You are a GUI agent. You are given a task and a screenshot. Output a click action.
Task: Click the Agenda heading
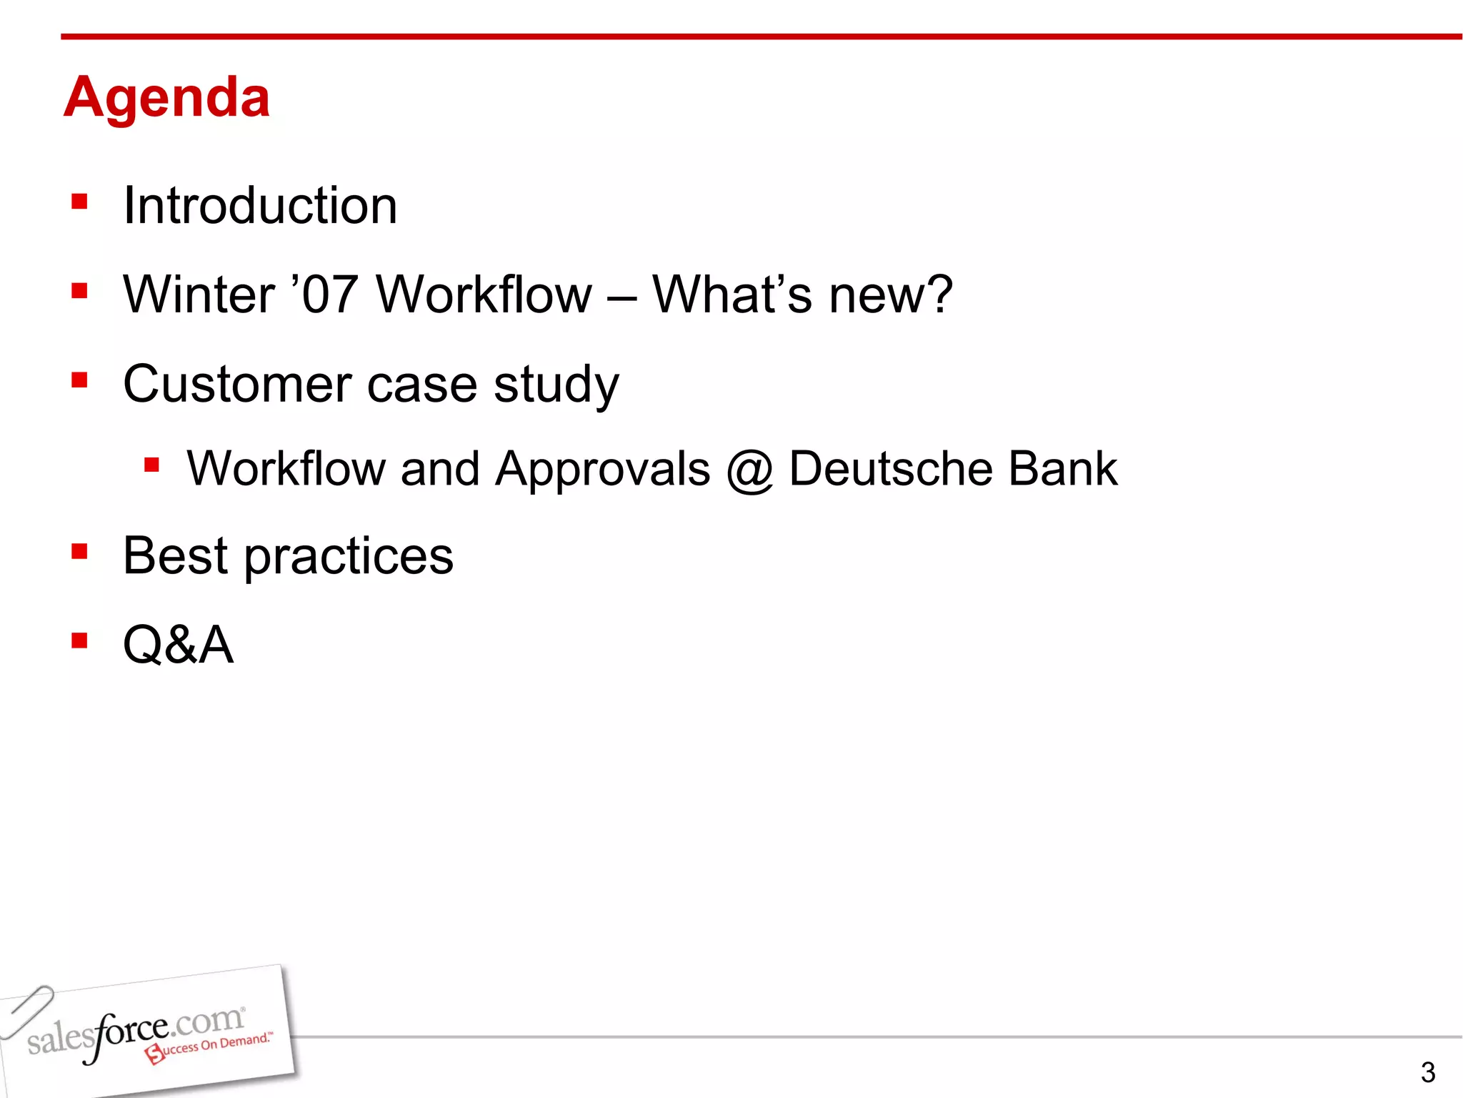166,98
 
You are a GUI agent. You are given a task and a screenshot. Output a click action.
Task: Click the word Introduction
260,206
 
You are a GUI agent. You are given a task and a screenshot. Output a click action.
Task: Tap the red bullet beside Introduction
79,202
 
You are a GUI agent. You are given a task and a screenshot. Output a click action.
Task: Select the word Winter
199,295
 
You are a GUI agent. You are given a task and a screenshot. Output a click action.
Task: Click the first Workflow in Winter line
484,295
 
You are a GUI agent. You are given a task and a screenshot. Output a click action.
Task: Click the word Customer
236,384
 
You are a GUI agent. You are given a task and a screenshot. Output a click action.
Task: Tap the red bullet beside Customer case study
79,380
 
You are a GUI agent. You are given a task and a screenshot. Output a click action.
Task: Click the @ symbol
749,470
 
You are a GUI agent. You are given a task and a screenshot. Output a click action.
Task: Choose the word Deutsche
890,469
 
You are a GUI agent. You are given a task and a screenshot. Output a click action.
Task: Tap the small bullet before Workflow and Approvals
151,466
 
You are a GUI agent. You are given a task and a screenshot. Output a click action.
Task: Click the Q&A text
179,645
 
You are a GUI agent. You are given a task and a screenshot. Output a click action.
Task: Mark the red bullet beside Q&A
79,640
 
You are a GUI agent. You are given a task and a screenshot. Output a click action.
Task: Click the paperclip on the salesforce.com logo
27,1010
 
